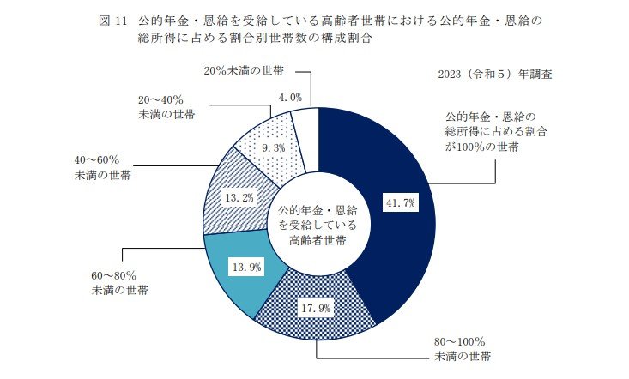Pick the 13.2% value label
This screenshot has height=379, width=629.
[x=237, y=197]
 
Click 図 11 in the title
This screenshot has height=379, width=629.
[x=112, y=19]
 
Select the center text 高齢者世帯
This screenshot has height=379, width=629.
[x=318, y=241]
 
